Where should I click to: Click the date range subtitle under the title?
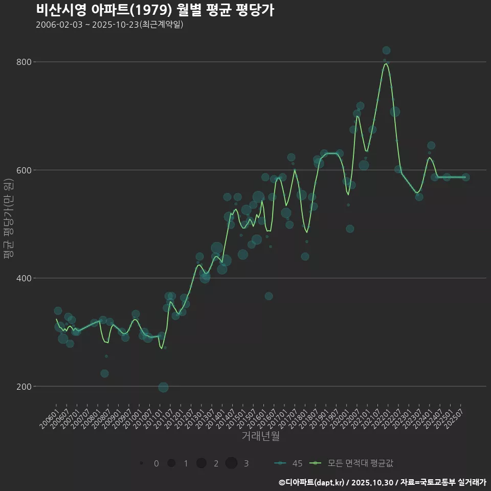coord(109,25)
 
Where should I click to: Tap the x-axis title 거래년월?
coord(260,436)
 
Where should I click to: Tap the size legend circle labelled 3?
coord(231,463)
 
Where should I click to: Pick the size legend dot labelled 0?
coord(141,463)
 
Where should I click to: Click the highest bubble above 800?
coord(386,50)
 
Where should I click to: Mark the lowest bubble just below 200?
coord(163,387)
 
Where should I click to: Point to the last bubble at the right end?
coord(465,177)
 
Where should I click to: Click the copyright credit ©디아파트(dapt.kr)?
coord(312,482)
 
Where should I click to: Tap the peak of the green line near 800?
coord(386,64)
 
